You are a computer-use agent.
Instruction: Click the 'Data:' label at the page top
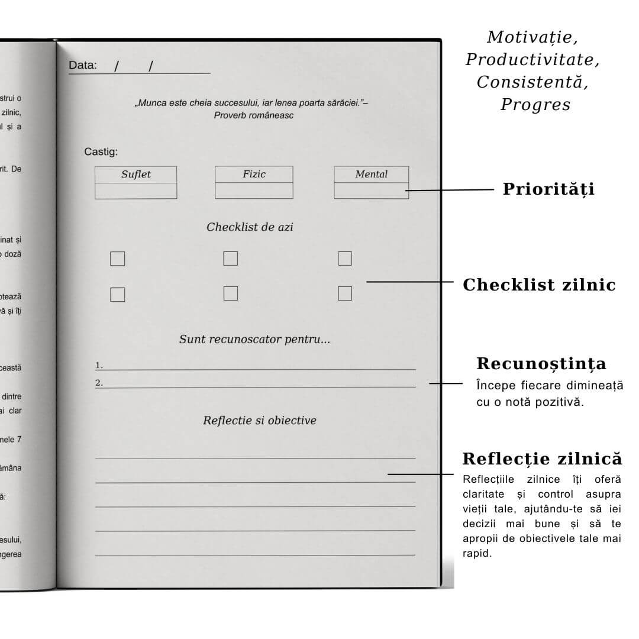pos(83,65)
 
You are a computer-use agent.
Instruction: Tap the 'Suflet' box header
pos(136,175)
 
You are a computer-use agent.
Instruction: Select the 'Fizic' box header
pos(254,174)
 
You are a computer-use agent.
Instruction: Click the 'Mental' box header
pos(371,174)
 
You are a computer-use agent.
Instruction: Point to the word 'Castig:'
pos(101,152)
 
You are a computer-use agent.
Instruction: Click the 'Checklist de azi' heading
pos(250,227)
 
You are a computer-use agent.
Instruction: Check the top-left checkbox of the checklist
pos(118,259)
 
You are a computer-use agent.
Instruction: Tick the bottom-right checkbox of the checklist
pos(345,293)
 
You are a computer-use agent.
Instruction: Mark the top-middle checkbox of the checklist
pos(230,259)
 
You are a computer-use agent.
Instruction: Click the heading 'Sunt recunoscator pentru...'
pos(254,340)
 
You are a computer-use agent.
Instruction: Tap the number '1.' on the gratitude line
pos(99,365)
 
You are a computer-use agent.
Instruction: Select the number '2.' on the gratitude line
pos(99,383)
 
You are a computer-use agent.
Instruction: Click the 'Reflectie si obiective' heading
pos(259,421)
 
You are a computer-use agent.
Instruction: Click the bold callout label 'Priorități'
pos(548,189)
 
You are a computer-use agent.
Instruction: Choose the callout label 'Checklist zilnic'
pos(539,285)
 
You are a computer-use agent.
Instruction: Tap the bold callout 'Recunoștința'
pos(541,363)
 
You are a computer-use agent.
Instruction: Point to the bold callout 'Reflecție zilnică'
pos(542,459)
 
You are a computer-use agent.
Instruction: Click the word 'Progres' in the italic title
pos(535,105)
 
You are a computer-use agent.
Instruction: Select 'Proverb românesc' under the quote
pos(254,115)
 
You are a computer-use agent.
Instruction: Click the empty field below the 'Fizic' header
pos(254,191)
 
